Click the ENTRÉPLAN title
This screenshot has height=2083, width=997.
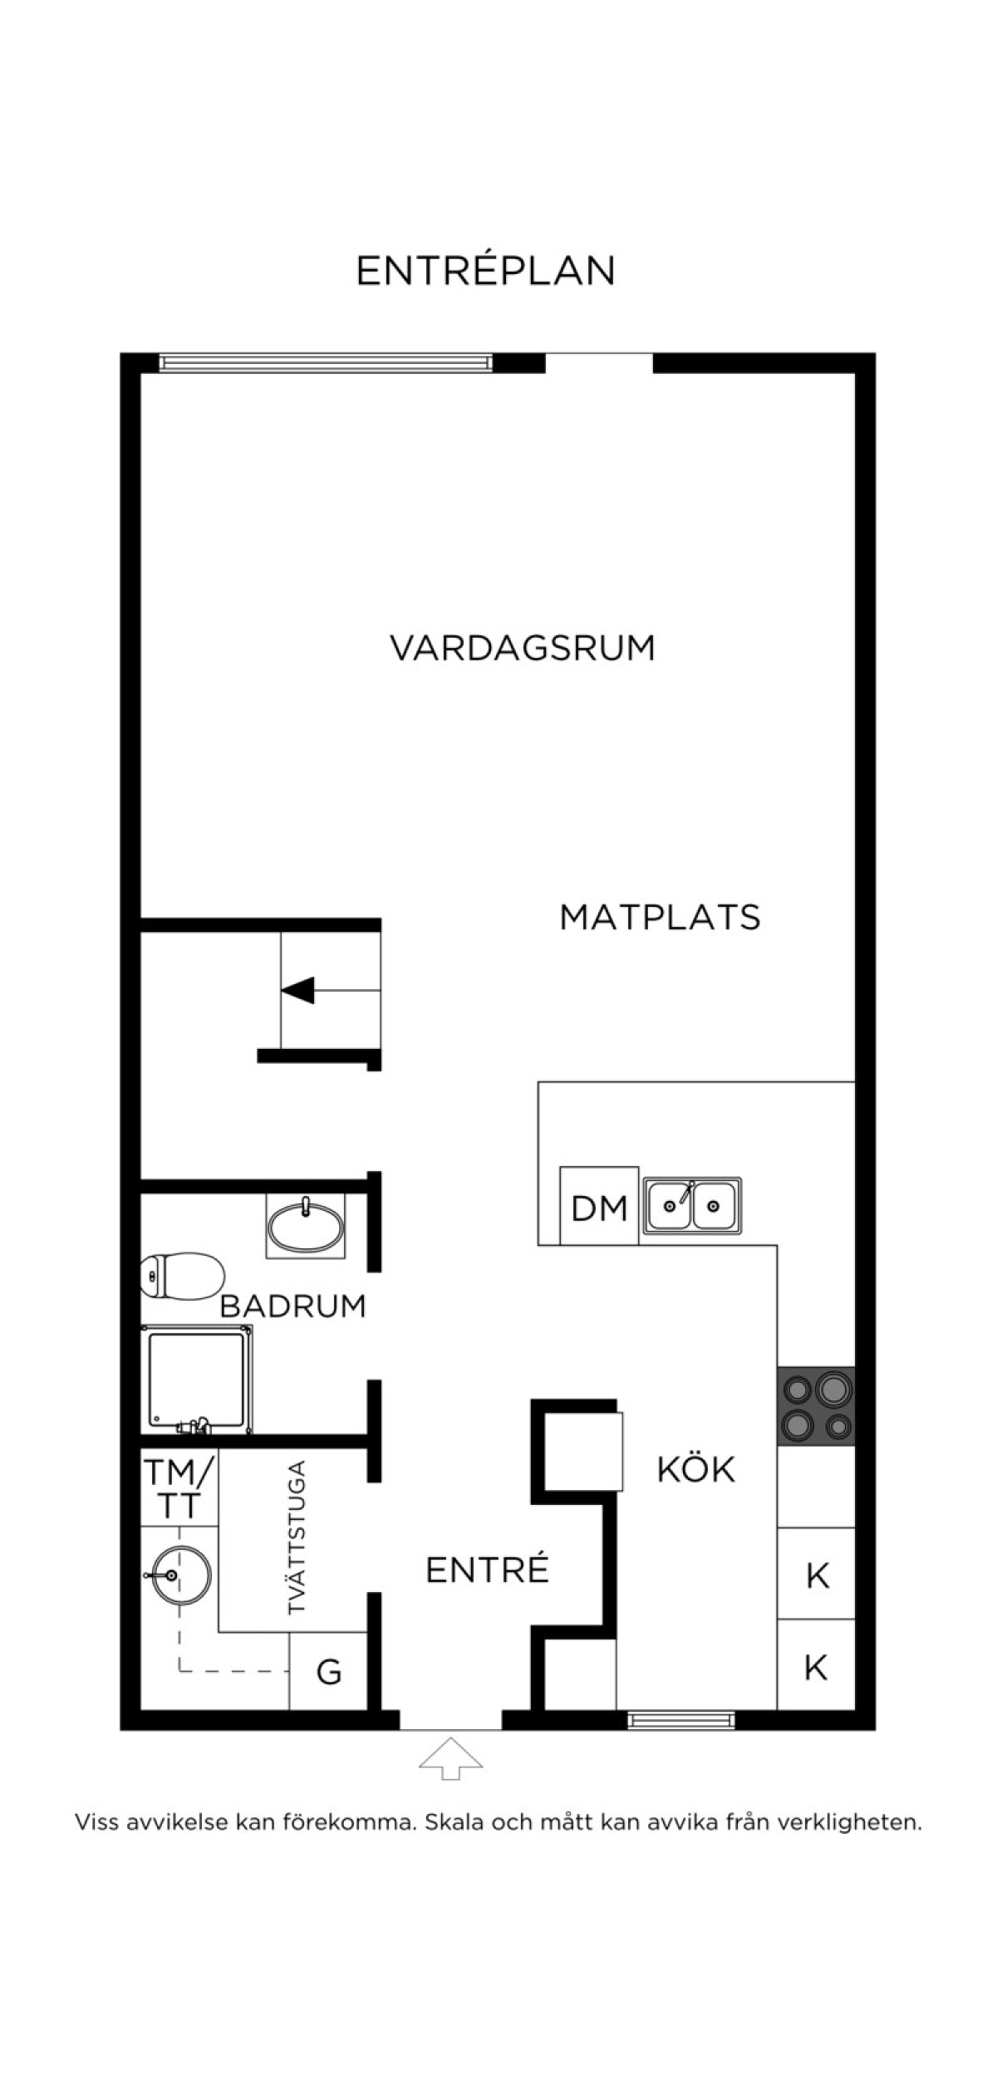click(x=486, y=270)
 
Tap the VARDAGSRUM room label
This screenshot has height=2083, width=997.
click(x=523, y=648)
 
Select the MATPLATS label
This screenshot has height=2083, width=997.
click(x=660, y=917)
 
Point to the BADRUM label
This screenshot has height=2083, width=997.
click(x=292, y=1306)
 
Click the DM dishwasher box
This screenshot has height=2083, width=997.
click(x=599, y=1205)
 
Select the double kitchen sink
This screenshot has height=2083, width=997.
click(x=692, y=1203)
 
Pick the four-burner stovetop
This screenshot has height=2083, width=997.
click(x=816, y=1405)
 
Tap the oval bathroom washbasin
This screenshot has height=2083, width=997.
click(x=306, y=1226)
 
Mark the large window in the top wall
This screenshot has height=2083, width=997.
click(x=326, y=362)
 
